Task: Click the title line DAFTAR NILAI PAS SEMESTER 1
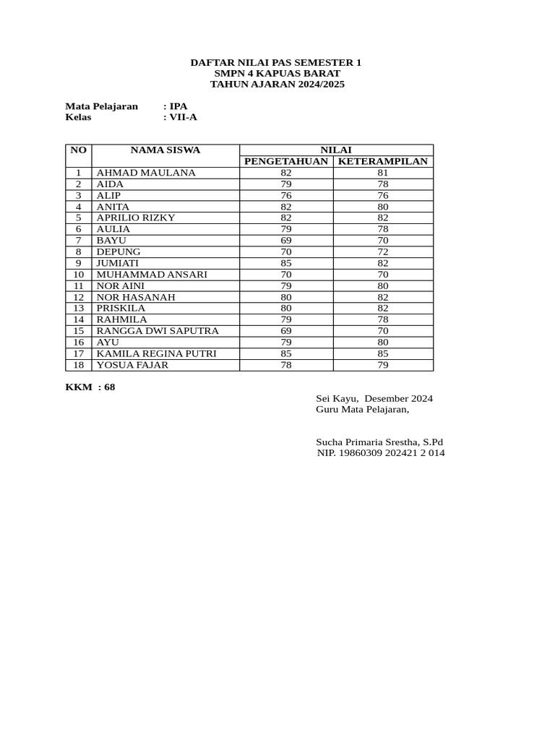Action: (276, 63)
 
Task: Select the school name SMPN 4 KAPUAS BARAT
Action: (277, 74)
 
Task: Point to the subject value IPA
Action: (178, 106)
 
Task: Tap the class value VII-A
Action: (183, 117)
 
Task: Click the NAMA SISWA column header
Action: (165, 150)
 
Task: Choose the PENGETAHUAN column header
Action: (286, 161)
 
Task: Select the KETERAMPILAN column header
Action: (383, 161)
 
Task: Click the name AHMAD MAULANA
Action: (146, 173)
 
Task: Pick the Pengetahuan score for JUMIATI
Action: (286, 263)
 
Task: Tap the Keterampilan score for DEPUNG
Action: (383, 251)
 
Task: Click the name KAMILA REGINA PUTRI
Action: (156, 353)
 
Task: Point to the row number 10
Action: (79, 275)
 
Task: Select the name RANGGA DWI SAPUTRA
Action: (158, 331)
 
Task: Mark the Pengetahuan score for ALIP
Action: (286, 195)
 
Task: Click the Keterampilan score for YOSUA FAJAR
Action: (383, 365)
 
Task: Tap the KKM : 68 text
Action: (90, 387)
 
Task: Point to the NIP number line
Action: (381, 453)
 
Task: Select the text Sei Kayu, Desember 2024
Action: (374, 399)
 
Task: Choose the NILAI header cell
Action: (336, 150)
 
